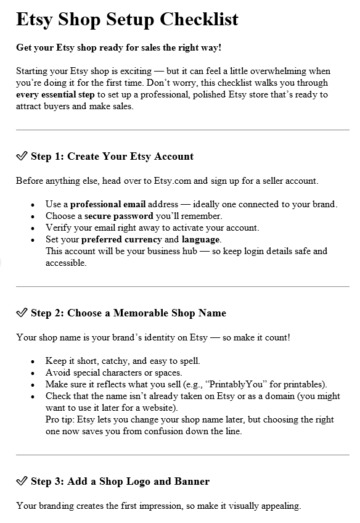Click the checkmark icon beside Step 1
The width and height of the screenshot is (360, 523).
(22, 156)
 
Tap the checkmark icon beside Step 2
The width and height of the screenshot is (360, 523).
(22, 313)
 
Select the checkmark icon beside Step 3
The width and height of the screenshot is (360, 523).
(22, 481)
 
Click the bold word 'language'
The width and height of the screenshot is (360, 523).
(201, 239)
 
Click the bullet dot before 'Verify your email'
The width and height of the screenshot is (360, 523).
(33, 228)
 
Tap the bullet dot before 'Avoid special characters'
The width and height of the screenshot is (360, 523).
(33, 373)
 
